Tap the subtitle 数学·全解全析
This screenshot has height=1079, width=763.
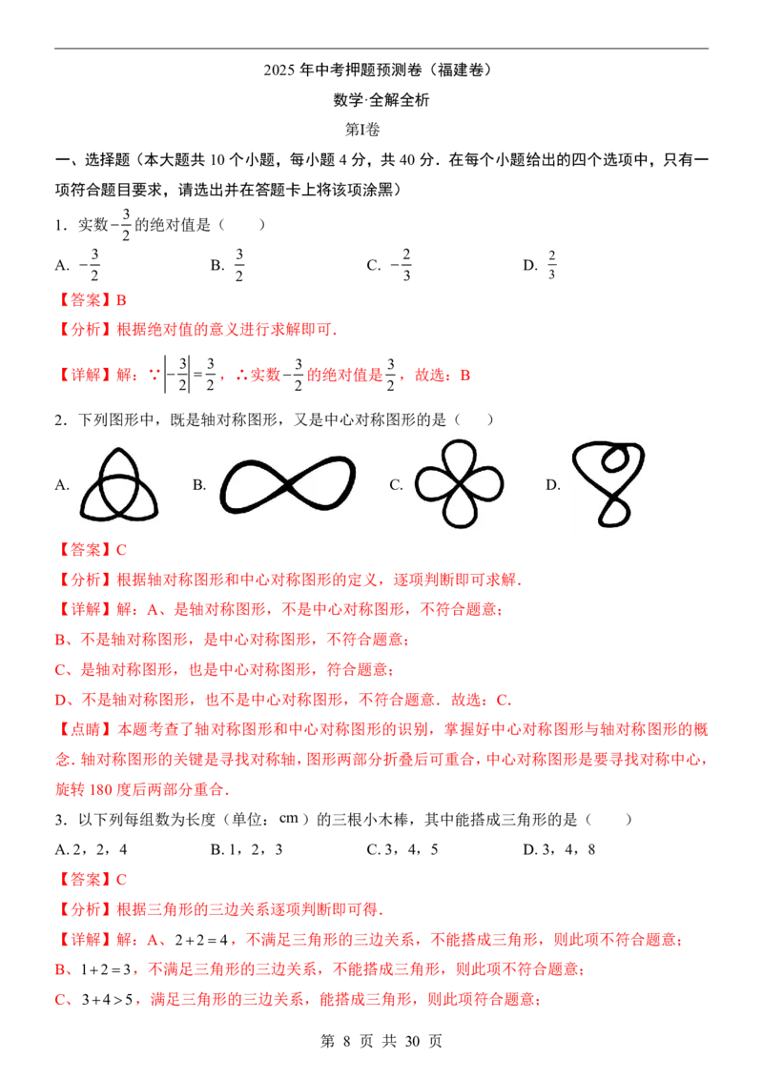pyautogui.click(x=381, y=100)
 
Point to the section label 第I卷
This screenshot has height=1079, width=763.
pyautogui.click(x=362, y=130)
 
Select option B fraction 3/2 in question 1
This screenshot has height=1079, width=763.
pyautogui.click(x=239, y=265)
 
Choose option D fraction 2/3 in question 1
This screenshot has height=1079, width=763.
pyautogui.click(x=551, y=265)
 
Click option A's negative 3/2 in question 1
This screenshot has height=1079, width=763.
pyautogui.click(x=89, y=265)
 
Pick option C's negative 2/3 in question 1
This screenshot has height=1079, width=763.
pyautogui.click(x=401, y=265)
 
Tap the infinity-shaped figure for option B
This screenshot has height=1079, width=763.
pyautogui.click(x=288, y=485)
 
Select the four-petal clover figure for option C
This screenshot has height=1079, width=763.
pyautogui.click(x=460, y=484)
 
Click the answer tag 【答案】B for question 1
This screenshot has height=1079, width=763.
pyautogui.click(x=91, y=300)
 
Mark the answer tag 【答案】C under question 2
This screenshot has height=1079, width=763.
pyautogui.click(x=91, y=549)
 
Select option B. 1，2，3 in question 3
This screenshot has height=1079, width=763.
pyautogui.click(x=246, y=850)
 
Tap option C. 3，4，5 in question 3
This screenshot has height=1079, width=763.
pyautogui.click(x=402, y=850)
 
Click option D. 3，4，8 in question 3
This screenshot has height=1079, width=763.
pyautogui.click(x=559, y=850)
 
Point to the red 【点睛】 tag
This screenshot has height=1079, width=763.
pyautogui.click(x=86, y=729)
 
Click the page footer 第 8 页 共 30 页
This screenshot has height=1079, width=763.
pyautogui.click(x=381, y=1041)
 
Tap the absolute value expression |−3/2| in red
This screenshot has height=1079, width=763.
pyautogui.click(x=177, y=375)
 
